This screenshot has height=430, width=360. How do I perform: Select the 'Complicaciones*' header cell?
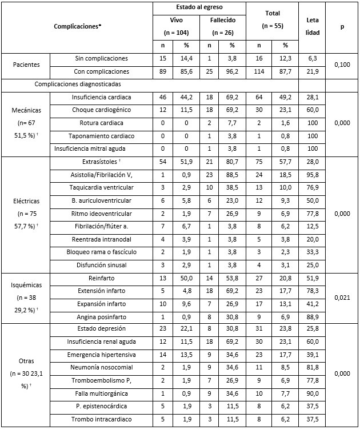[x=77, y=26]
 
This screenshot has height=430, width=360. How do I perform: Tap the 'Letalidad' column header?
[x=312, y=26]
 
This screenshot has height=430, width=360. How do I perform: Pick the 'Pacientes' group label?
[x=26, y=65]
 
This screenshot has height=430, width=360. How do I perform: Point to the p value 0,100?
[x=342, y=65]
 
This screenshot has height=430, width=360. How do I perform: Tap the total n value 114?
[x=258, y=71]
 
